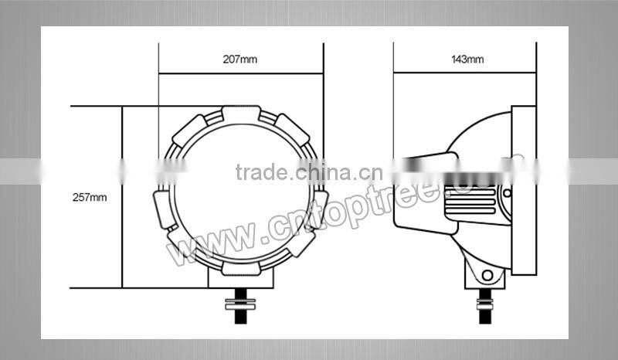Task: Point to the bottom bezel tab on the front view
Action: pyautogui.click(x=240, y=267)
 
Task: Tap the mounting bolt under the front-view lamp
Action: pyautogui.click(x=240, y=302)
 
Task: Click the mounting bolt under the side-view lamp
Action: pyautogui.click(x=485, y=303)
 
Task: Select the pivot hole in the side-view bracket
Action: pyautogui.click(x=487, y=276)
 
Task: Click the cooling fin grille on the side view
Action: pyautogui.click(x=472, y=201)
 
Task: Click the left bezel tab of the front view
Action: pyautogui.click(x=162, y=209)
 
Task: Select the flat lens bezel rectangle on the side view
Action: pyautogui.click(x=523, y=191)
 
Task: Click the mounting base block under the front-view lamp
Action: pyautogui.click(x=240, y=280)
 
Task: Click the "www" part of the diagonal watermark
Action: pyautogui.click(x=205, y=240)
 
